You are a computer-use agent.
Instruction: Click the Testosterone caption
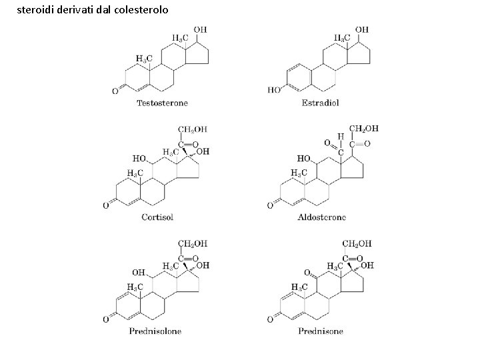click(162, 103)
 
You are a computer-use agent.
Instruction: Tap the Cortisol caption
click(158, 216)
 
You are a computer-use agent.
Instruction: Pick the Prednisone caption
click(320, 331)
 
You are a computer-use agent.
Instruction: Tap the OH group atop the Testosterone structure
click(200, 30)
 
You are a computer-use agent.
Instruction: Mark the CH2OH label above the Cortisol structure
click(193, 129)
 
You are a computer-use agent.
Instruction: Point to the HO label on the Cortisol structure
click(139, 159)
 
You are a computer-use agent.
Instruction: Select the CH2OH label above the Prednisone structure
click(357, 244)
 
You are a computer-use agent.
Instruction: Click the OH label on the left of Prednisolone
click(138, 273)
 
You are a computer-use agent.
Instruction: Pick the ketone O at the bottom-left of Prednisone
click(270, 319)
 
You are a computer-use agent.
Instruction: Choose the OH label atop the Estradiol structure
click(361, 30)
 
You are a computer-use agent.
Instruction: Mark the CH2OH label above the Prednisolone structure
click(193, 244)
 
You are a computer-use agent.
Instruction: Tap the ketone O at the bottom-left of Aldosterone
click(270, 205)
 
